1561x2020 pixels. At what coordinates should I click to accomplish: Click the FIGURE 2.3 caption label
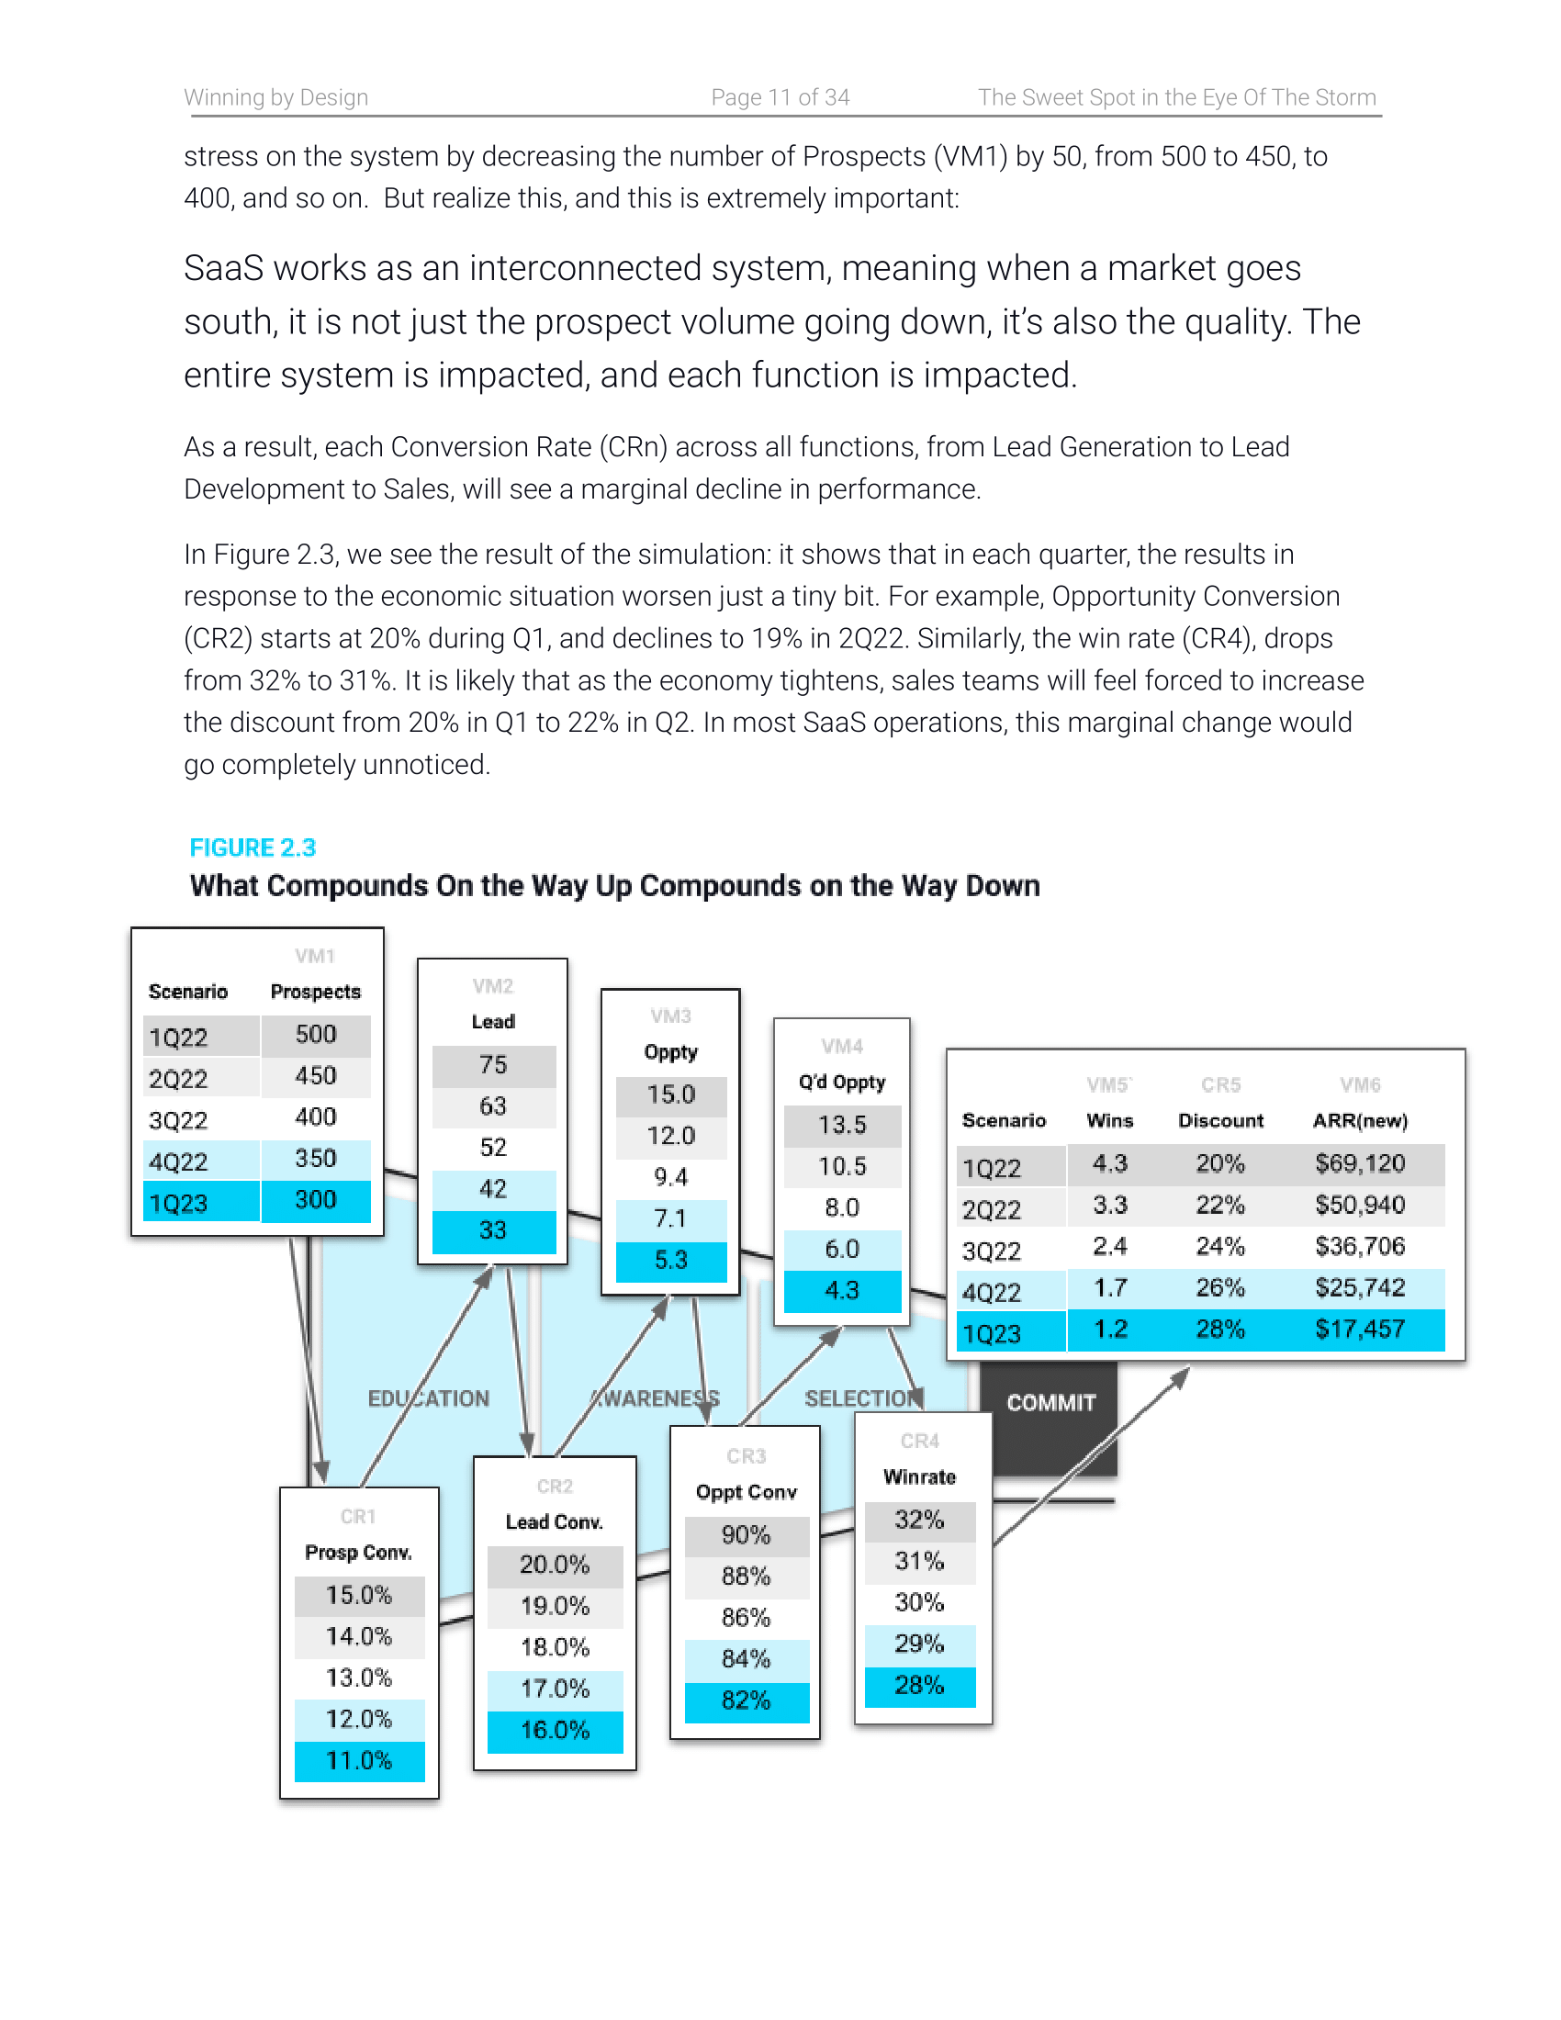pos(253,847)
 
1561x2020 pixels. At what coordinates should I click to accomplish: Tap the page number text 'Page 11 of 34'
pos(780,97)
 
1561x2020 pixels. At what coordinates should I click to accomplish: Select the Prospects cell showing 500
pos(315,1034)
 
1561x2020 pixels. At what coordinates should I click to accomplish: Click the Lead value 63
pos(493,1106)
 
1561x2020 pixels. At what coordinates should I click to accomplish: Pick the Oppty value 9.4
pos(670,1177)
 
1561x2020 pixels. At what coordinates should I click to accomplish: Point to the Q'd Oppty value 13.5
pos(841,1125)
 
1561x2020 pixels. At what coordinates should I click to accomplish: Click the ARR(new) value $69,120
pos(1359,1163)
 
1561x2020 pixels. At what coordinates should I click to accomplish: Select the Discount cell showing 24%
pos(1219,1247)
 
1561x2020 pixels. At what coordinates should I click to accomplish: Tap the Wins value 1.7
pos(1110,1287)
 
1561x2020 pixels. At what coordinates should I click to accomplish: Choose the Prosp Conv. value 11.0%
pos(359,1760)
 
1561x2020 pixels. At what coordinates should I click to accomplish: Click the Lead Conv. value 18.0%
pos(555,1647)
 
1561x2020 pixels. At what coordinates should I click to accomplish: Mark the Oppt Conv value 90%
pos(746,1535)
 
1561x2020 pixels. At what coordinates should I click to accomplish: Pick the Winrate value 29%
pos(919,1644)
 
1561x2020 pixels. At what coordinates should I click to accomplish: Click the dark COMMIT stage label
pos(1050,1403)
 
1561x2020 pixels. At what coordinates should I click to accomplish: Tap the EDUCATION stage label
pos(428,1398)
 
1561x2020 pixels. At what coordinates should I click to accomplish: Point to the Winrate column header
pos(919,1477)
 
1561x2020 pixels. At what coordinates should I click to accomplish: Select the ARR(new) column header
pos(1359,1121)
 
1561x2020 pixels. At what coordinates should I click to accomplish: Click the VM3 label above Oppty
pos(670,1016)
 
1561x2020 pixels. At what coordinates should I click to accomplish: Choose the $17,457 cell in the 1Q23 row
pos(1359,1330)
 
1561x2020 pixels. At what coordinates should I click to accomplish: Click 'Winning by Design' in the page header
pos(275,97)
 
